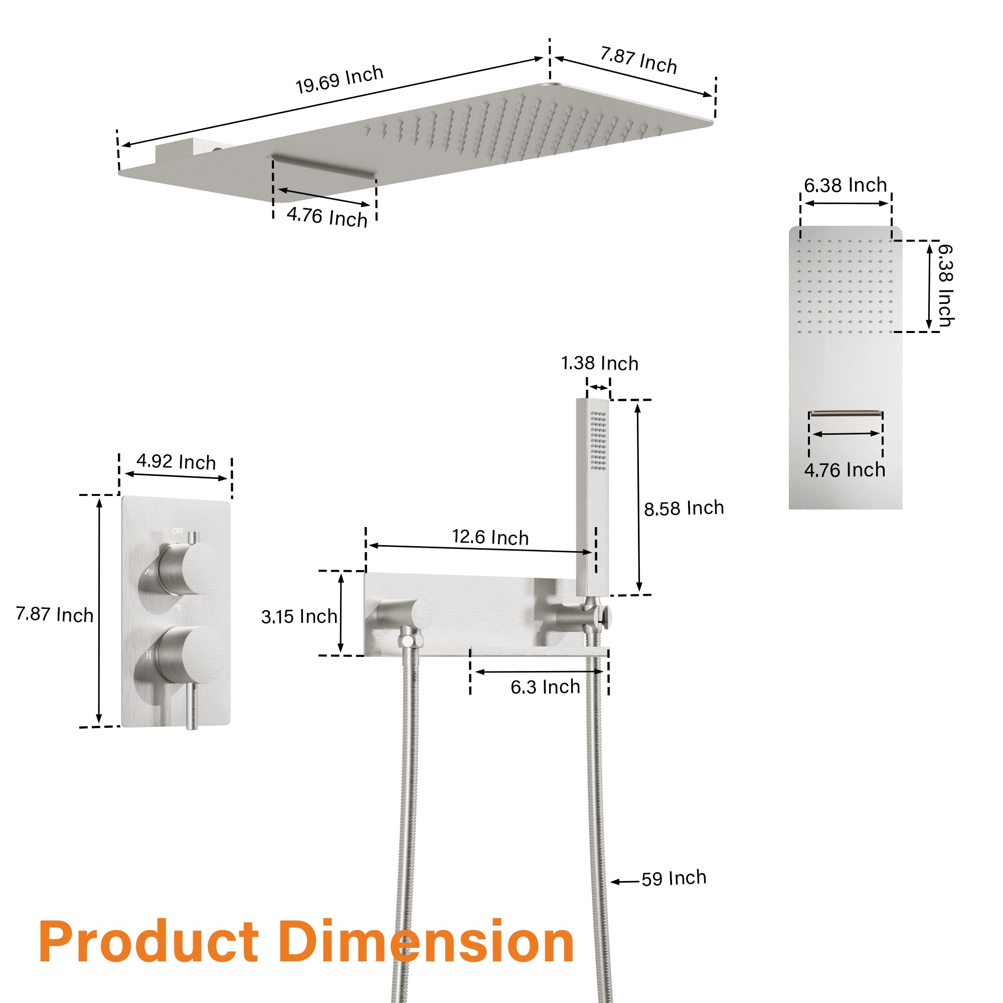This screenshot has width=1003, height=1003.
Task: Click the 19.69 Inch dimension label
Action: click(x=340, y=79)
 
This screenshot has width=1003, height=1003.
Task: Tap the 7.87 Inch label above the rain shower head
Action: click(x=638, y=60)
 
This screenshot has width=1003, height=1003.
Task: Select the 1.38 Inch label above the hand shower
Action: click(x=600, y=364)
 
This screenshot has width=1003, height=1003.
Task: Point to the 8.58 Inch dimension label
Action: click(x=684, y=508)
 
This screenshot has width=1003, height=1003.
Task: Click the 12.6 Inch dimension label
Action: click(x=490, y=537)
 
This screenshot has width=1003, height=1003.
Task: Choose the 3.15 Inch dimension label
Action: click(x=299, y=616)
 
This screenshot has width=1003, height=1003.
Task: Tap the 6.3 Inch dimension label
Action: click(x=545, y=687)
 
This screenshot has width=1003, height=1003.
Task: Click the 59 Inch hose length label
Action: click(x=674, y=878)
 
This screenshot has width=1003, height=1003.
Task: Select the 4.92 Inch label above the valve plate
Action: click(x=176, y=461)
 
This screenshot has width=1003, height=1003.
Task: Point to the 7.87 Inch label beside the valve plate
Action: click(x=55, y=614)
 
